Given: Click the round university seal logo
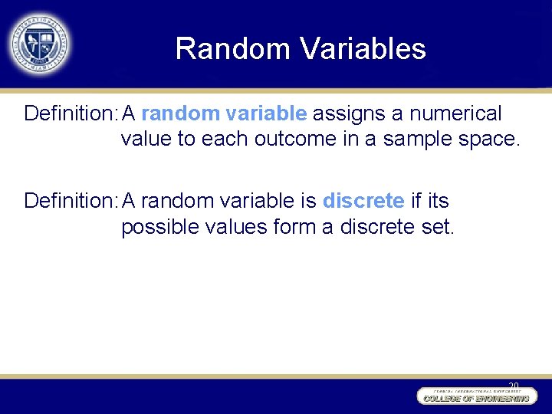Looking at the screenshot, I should (x=38, y=44).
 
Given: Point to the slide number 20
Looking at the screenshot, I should (x=513, y=385).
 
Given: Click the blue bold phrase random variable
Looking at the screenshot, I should (x=224, y=114).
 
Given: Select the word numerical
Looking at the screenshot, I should (x=455, y=114).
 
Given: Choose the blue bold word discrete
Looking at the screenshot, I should (x=363, y=202).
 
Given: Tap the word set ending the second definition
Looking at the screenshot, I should (x=439, y=227).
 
